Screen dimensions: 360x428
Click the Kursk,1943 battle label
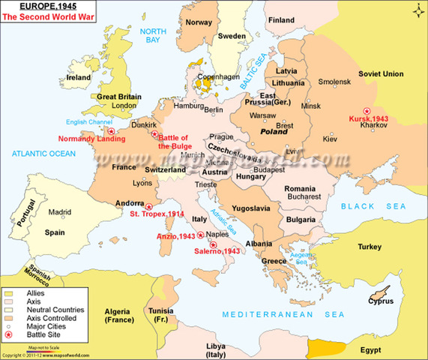tap(369, 119)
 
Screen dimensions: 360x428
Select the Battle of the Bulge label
tap(178, 140)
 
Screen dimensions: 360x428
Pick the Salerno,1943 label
tap(215, 251)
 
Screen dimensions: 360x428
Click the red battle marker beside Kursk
tap(365, 109)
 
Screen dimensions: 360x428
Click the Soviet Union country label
tap(382, 73)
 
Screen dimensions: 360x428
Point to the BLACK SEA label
tap(368, 205)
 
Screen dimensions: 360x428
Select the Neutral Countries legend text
tap(56, 309)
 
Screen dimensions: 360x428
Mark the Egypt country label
tap(389, 349)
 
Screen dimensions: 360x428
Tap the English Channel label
tap(67, 121)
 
